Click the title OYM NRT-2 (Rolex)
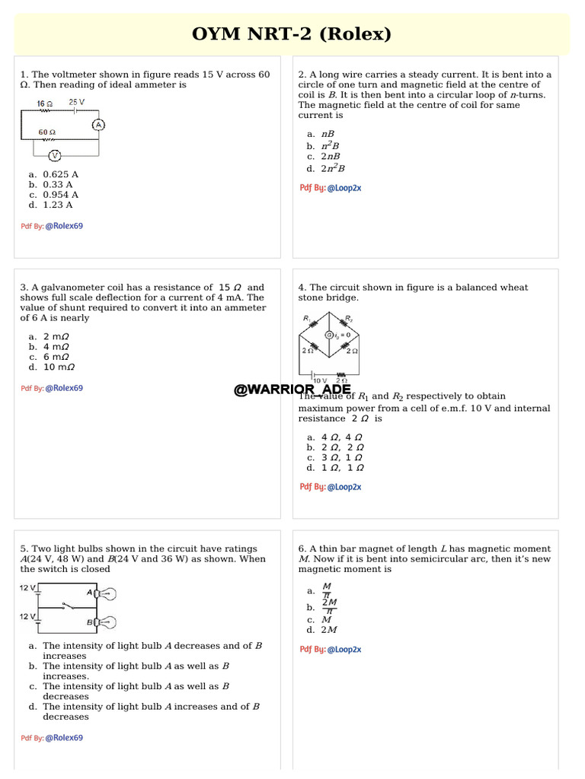tap(292, 34)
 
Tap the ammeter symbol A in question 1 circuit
tap(97, 126)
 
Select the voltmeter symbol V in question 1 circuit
tap(55, 155)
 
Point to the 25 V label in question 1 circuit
tap(76, 102)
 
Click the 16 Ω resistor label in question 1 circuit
tap(45, 103)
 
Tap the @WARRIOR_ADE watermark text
tap(292, 389)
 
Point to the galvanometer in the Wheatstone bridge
tap(330, 335)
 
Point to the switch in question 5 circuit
tap(68, 607)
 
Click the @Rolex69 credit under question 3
tap(64, 388)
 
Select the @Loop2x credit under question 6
tap(344, 650)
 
